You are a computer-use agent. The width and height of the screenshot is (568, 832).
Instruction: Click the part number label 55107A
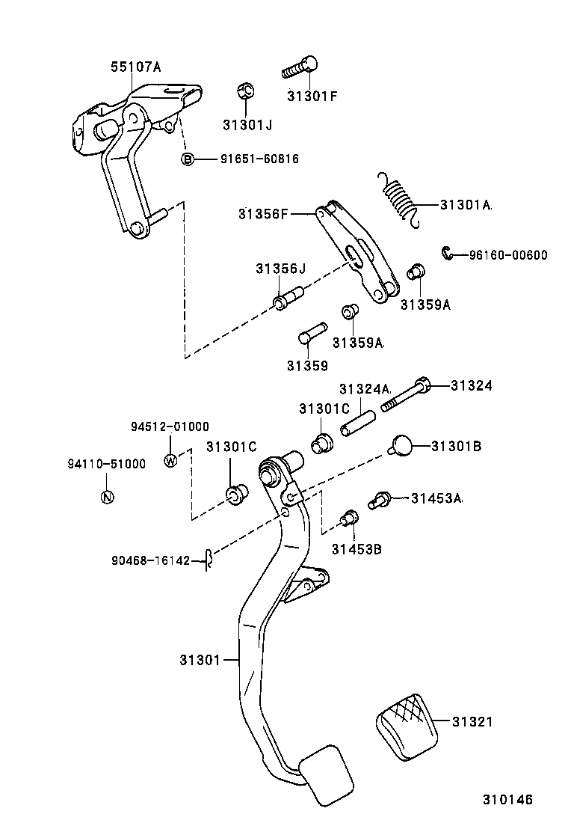pyautogui.click(x=136, y=67)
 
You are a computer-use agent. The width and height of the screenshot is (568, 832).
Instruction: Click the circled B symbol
pyautogui.click(x=188, y=159)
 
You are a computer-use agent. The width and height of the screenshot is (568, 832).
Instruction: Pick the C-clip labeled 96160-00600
pyautogui.click(x=447, y=254)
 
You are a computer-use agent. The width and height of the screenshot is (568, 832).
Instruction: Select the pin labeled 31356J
pyautogui.click(x=287, y=297)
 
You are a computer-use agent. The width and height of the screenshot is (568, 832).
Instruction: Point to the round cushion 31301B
pyautogui.click(x=402, y=445)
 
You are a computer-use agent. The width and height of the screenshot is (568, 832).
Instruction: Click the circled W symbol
pyautogui.click(x=170, y=460)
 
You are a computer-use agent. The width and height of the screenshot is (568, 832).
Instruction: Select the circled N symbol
pyautogui.click(x=106, y=496)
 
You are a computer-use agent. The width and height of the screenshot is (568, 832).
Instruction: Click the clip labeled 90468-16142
pyautogui.click(x=211, y=558)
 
